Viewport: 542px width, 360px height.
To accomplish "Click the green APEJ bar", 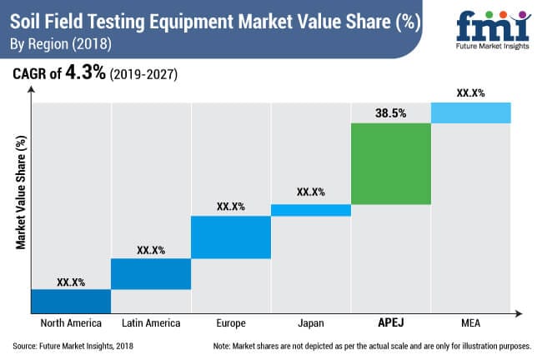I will click(x=390, y=163).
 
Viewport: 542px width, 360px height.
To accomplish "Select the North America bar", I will click(x=71, y=301).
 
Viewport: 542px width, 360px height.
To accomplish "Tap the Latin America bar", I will click(x=151, y=273).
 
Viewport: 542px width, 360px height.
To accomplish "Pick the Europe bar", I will click(x=231, y=237).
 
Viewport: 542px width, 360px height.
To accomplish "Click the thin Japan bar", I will click(x=310, y=210).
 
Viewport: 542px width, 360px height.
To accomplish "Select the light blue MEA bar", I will click(x=470, y=112).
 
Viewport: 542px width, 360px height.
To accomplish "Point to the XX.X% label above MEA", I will click(x=470, y=92).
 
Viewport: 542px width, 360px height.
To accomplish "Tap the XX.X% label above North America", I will click(x=71, y=282).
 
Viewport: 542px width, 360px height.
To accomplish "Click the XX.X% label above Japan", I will click(x=310, y=192).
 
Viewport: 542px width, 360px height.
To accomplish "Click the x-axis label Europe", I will click(x=231, y=323).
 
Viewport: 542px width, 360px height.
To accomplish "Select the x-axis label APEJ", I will click(x=390, y=323).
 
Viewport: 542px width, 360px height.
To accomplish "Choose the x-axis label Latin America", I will click(x=151, y=323).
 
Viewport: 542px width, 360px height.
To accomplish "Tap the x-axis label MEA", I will click(x=470, y=323).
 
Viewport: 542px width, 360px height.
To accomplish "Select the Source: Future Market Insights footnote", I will click(x=73, y=345).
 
